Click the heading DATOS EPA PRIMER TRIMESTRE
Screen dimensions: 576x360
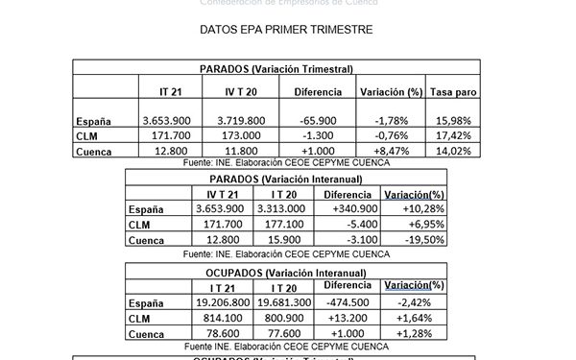287,30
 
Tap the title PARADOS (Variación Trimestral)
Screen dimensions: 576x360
276,69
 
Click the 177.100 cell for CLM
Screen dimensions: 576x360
287,224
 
